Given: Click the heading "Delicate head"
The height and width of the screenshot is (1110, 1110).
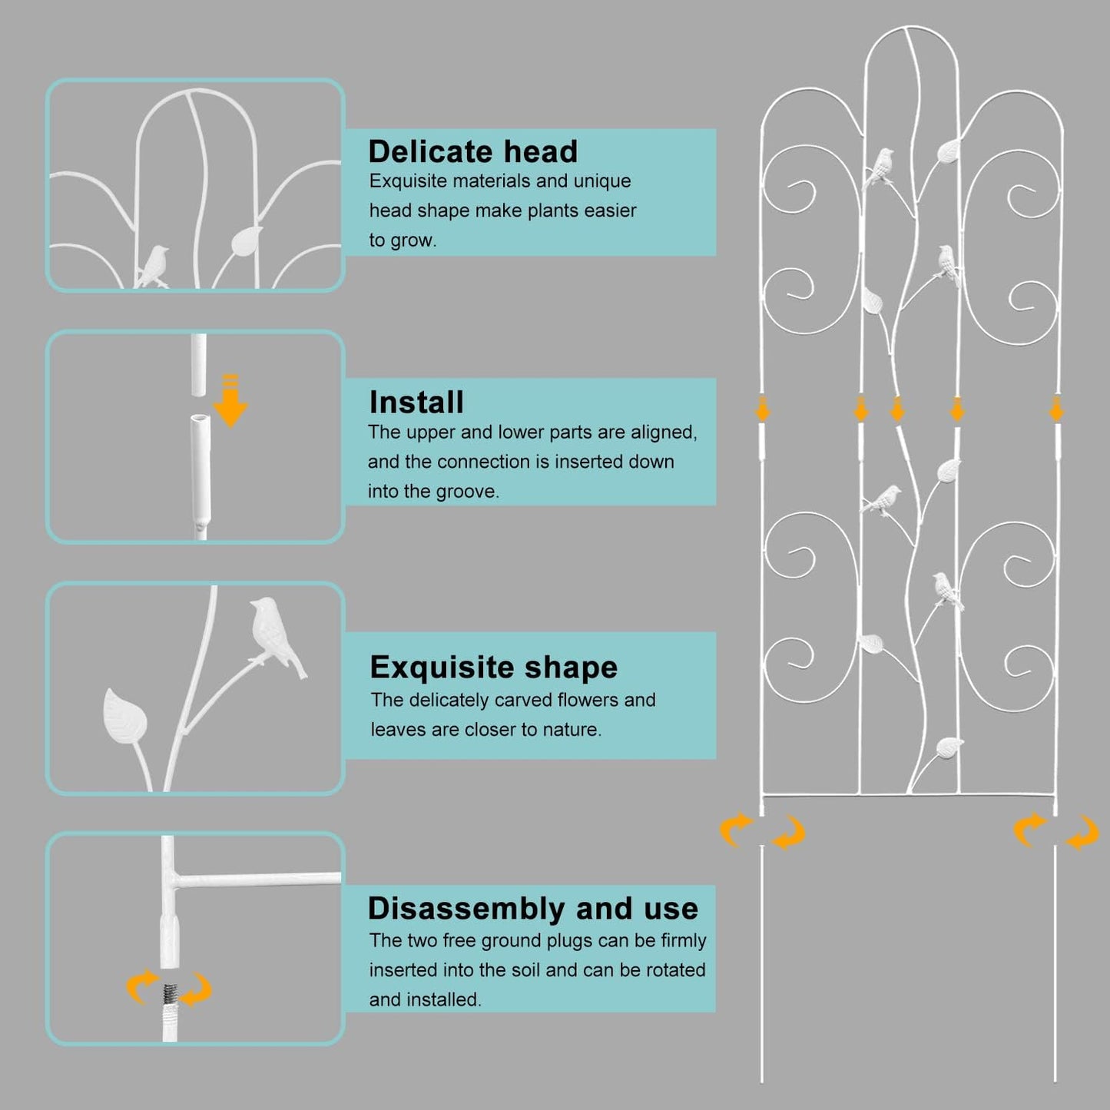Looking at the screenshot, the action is click(473, 151).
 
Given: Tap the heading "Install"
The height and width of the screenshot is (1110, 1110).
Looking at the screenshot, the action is click(416, 402).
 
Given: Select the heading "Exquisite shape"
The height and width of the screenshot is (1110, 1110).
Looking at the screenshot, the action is click(494, 668).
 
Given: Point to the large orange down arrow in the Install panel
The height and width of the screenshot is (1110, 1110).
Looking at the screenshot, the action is click(230, 401).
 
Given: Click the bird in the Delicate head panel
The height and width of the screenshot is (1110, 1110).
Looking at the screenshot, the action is click(153, 266).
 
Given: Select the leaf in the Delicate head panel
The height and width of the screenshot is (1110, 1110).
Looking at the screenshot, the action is click(246, 240).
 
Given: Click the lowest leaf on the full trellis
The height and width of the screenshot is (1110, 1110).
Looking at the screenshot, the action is click(949, 747).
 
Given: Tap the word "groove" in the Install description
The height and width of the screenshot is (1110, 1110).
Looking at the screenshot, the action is click(467, 492).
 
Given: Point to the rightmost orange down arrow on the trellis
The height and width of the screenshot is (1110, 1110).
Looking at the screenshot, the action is click(1056, 409).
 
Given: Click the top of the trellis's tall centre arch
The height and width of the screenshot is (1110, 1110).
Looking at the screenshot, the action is click(911, 27).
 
